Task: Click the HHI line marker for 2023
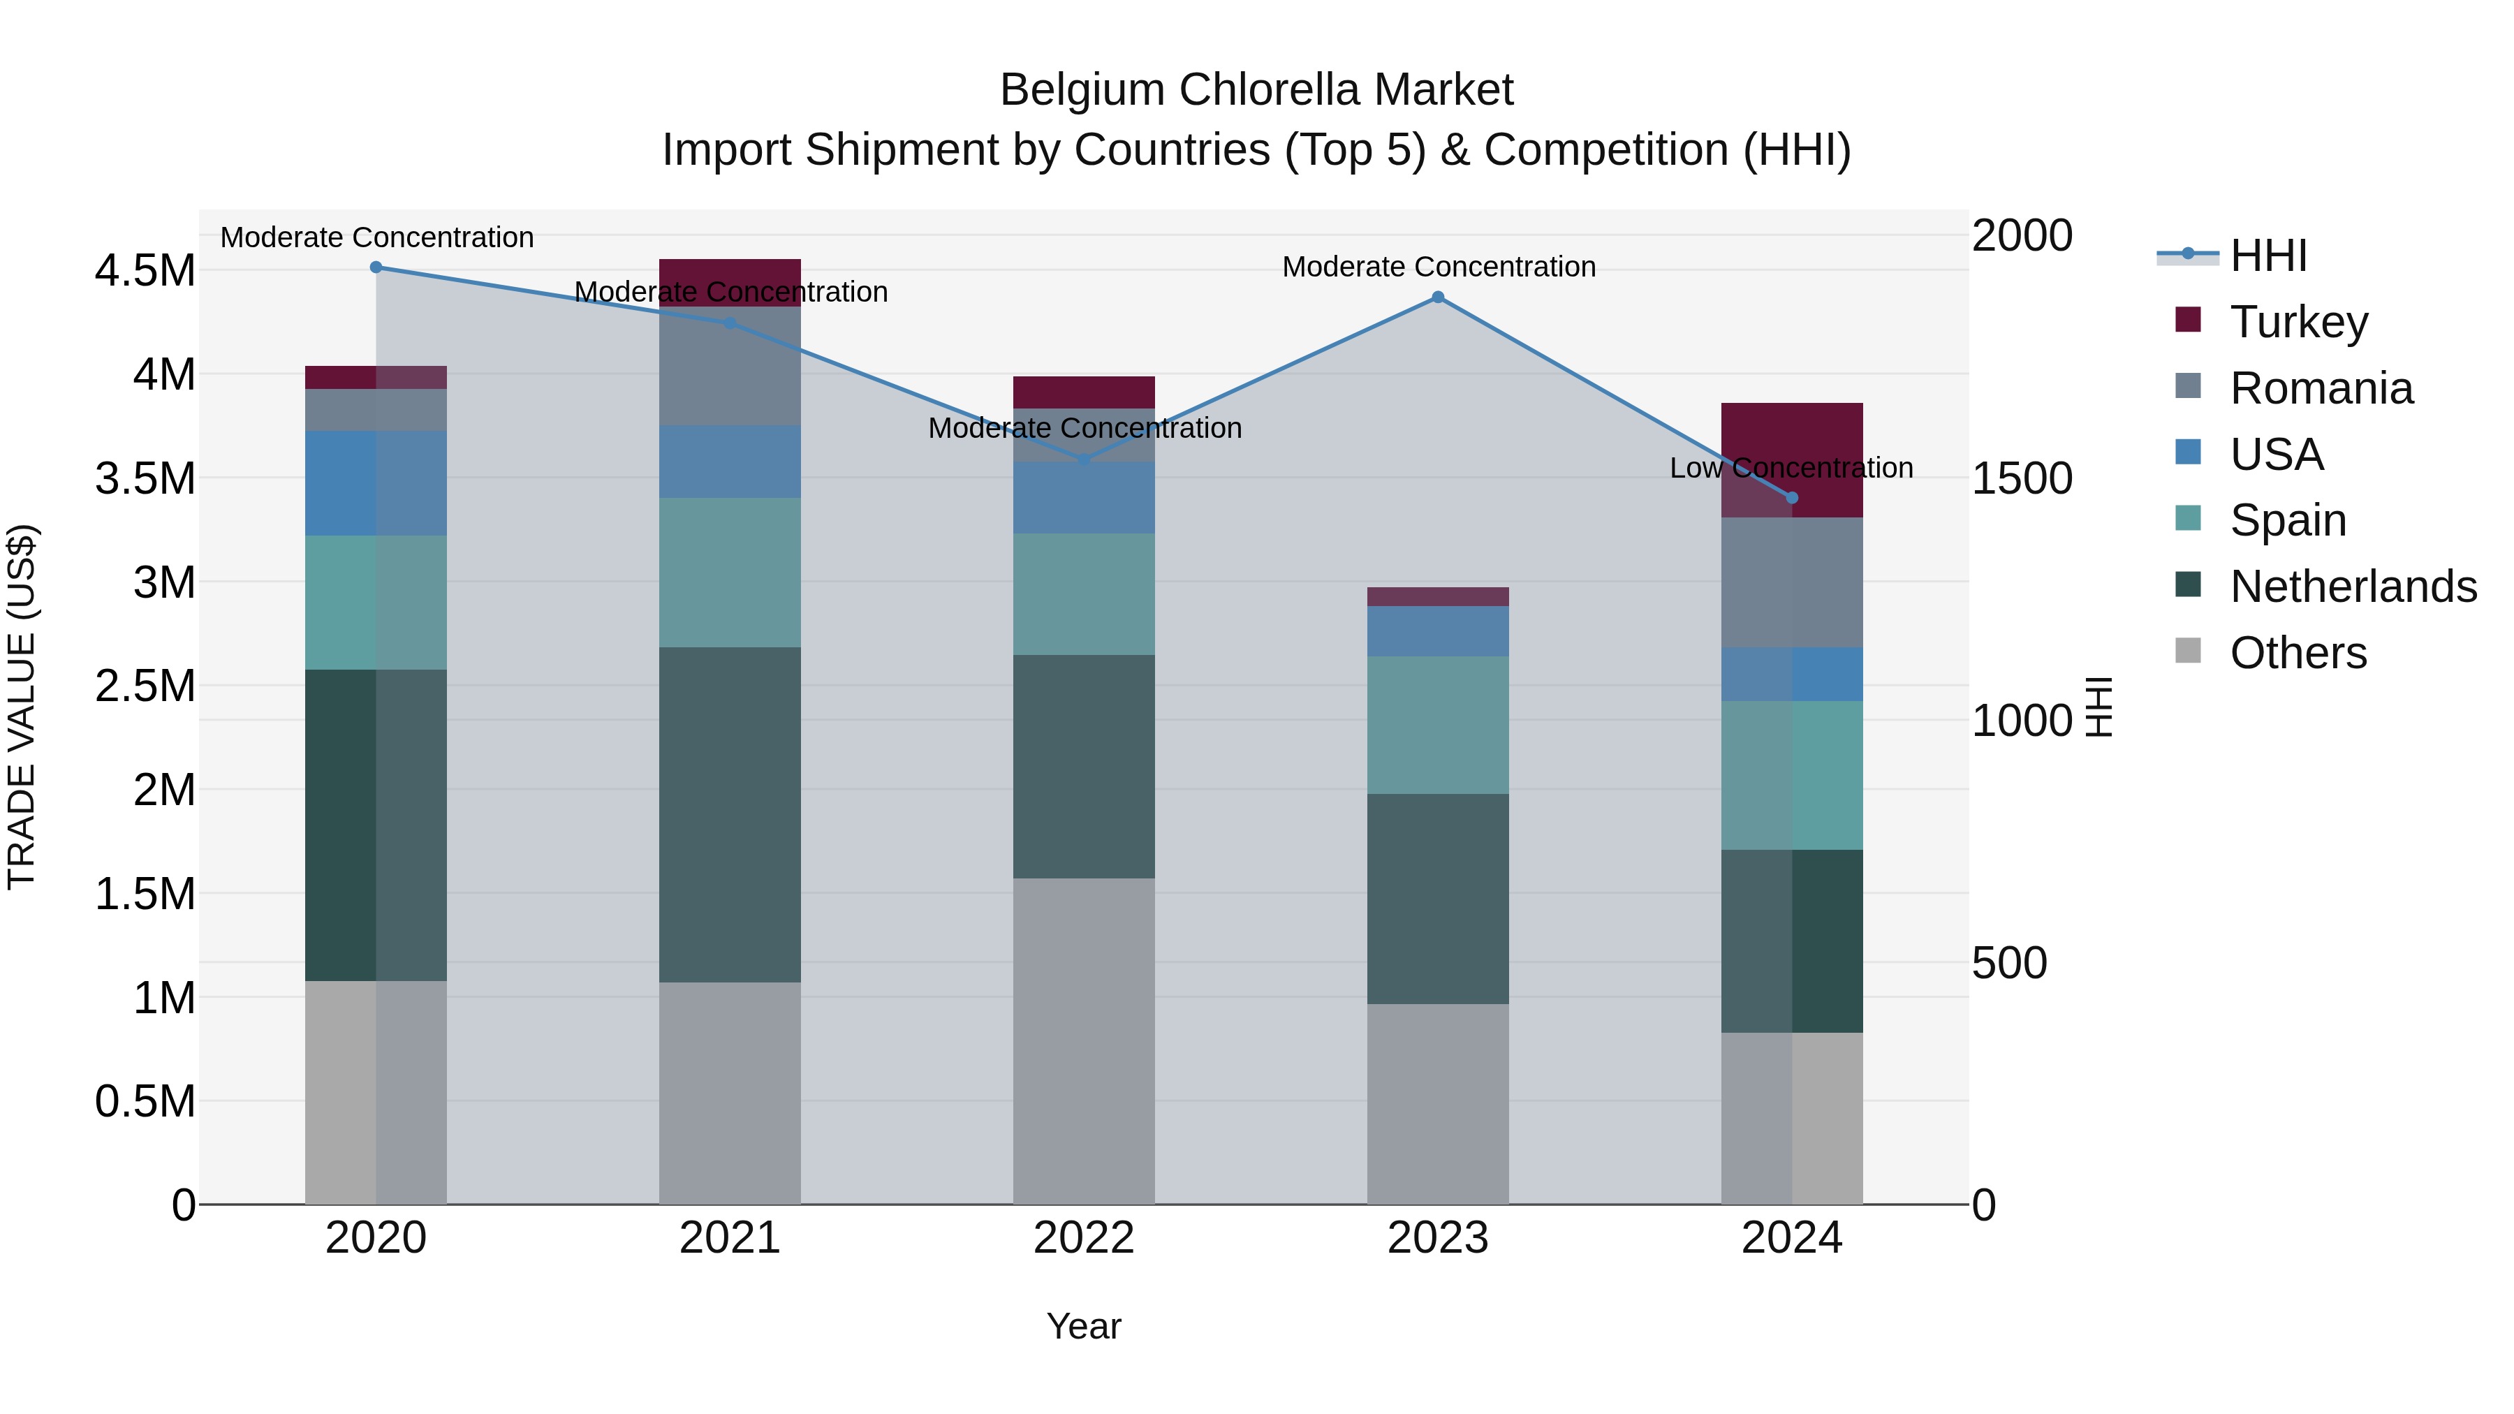click(1438, 297)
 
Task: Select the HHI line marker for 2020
click(376, 267)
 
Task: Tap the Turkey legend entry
click(2298, 322)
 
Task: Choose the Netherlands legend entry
click(2352, 587)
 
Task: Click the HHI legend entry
click(2267, 256)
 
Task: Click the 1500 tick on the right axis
click(2021, 478)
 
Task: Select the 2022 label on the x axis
click(1083, 1238)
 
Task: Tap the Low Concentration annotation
click(1791, 469)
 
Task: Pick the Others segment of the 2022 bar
click(1083, 1040)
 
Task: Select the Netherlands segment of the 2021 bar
click(730, 814)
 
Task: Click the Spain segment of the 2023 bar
click(1438, 724)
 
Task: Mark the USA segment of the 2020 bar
click(376, 483)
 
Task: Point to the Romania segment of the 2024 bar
click(1792, 582)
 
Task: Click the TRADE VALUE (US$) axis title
click(22, 707)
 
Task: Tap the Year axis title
click(1083, 1326)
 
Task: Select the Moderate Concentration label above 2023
click(1439, 267)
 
